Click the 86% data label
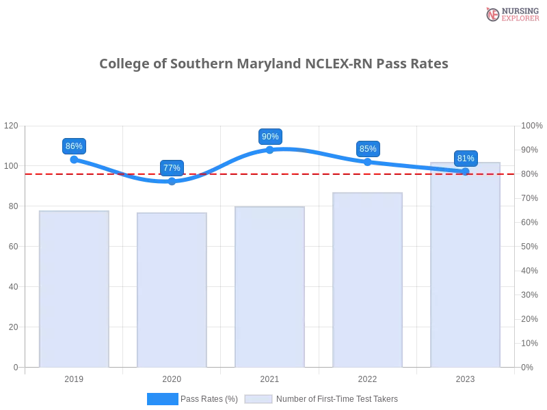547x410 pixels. click(x=74, y=146)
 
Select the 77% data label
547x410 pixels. click(x=172, y=168)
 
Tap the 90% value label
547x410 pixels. click(x=270, y=137)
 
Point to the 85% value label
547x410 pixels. click(x=368, y=149)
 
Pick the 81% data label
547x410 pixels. click(x=466, y=159)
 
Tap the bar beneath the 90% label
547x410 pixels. click(x=269, y=287)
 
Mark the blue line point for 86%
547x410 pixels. click(x=74, y=159)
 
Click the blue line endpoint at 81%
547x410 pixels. click(x=466, y=171)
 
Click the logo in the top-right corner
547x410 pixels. click(x=511, y=14)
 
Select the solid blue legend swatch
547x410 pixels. click(x=163, y=398)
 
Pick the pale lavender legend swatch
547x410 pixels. click(x=258, y=398)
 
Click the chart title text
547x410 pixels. click(x=273, y=64)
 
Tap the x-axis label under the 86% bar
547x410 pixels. click(x=74, y=378)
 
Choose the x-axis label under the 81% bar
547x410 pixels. click(x=465, y=378)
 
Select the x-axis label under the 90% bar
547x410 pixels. click(x=269, y=378)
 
